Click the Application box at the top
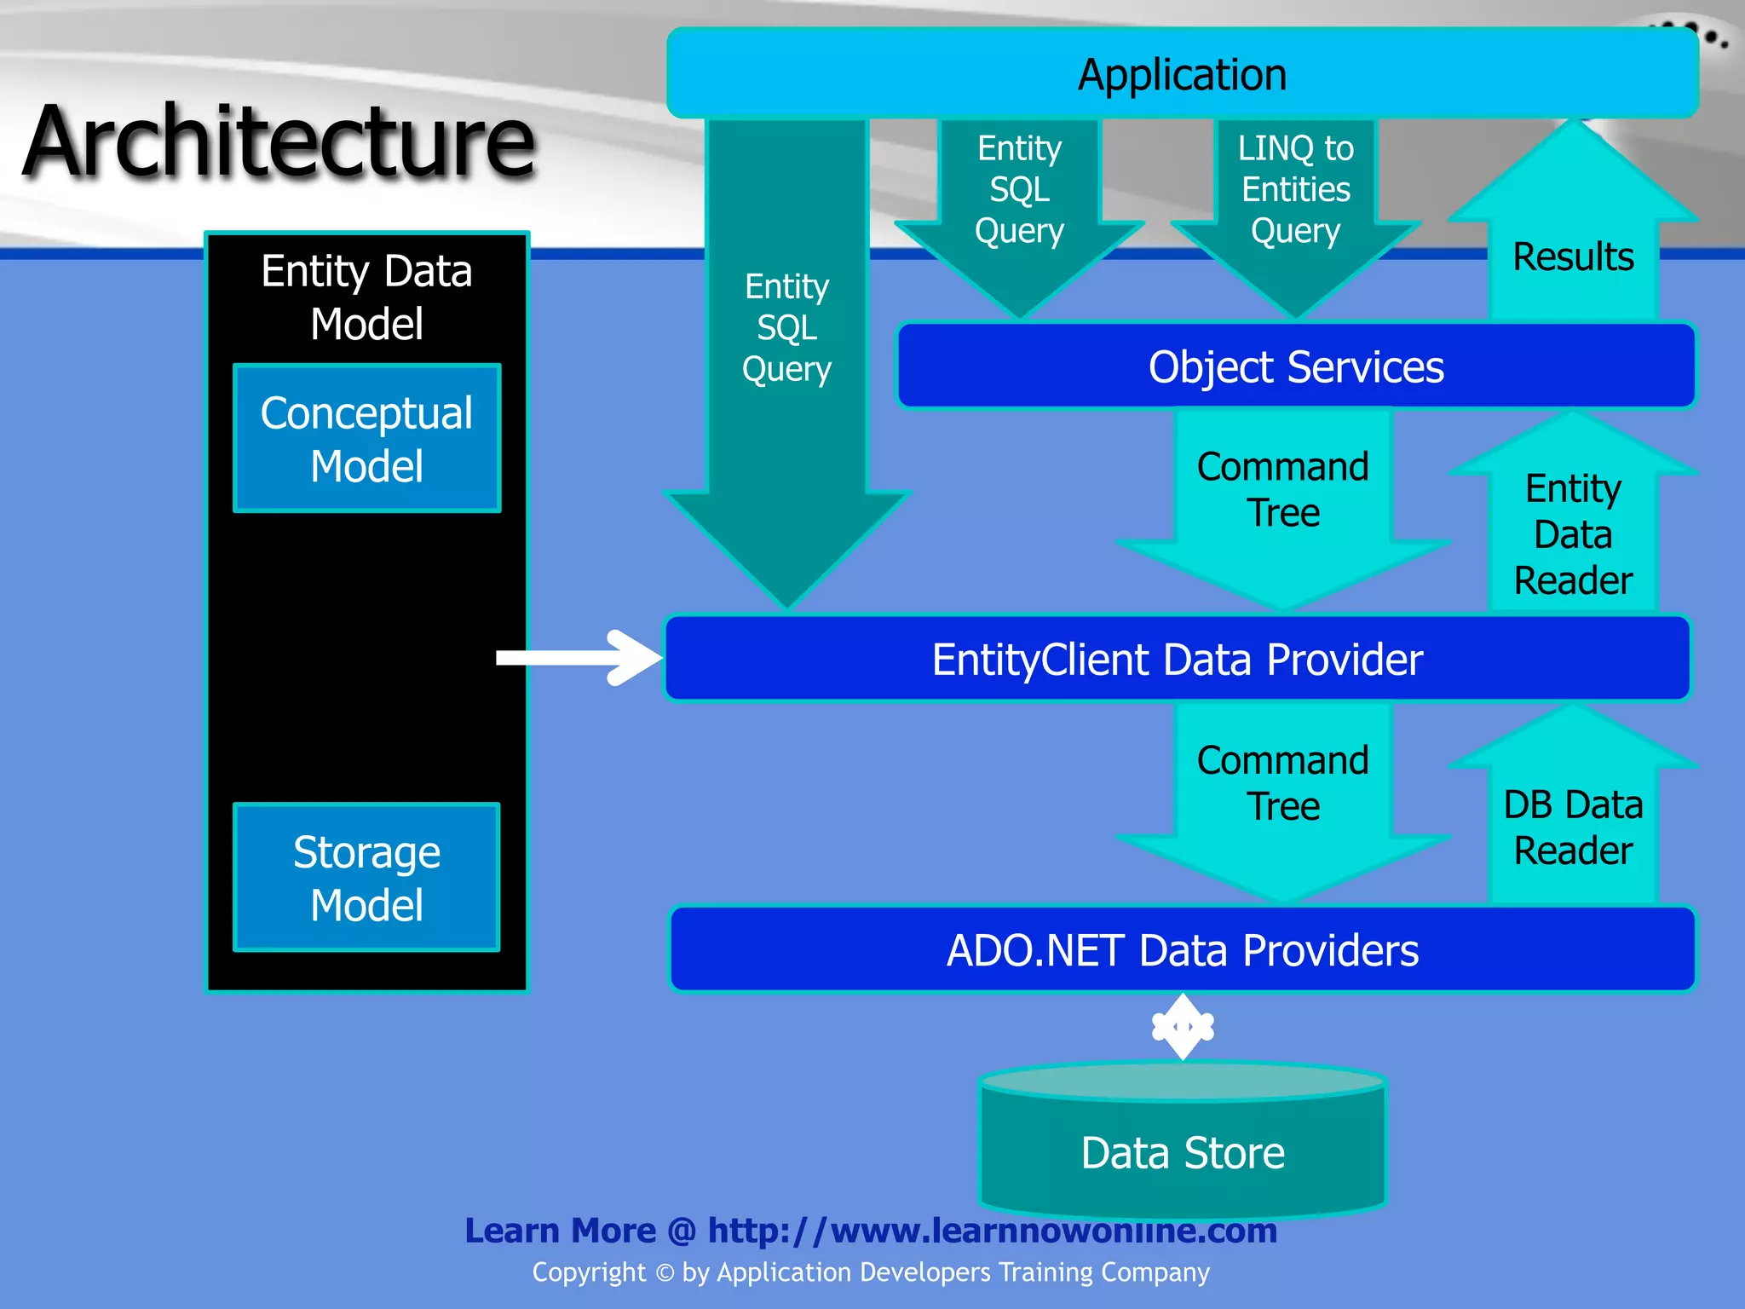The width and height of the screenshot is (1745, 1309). tap(1183, 74)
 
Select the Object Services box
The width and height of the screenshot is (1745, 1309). tap(1295, 366)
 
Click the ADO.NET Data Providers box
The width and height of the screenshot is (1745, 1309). tap(1183, 950)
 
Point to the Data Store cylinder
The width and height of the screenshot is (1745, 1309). tap(1183, 1150)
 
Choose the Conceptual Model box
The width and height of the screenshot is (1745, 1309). tap(366, 439)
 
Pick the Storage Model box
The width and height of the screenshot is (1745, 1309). tap(366, 878)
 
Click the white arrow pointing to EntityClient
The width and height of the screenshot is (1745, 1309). tap(579, 658)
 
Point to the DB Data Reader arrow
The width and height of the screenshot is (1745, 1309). tap(1573, 827)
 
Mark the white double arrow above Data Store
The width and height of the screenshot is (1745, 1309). tap(1183, 1027)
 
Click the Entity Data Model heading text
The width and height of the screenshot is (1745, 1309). tap(366, 297)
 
